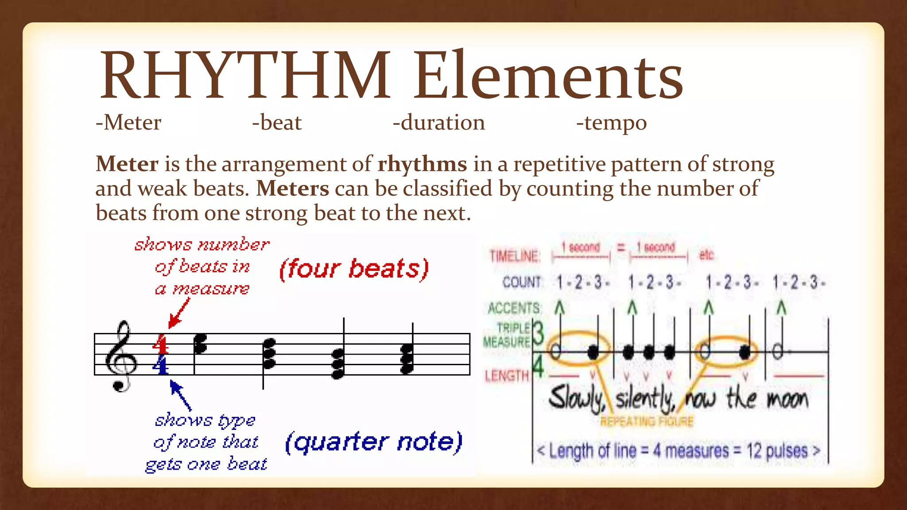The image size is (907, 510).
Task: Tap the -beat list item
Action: click(277, 123)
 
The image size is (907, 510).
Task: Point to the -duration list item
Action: click(439, 123)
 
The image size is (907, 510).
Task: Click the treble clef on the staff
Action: click(120, 356)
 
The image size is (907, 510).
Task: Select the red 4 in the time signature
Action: click(160, 344)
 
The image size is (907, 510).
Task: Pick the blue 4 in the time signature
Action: click(160, 365)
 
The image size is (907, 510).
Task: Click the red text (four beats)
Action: click(354, 269)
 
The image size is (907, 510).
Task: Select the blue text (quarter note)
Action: click(374, 442)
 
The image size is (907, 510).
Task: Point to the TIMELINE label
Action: click(515, 256)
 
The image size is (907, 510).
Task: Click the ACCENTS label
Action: click(514, 308)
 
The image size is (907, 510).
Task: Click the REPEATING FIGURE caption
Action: click(647, 421)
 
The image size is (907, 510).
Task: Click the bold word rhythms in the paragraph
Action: click(422, 164)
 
